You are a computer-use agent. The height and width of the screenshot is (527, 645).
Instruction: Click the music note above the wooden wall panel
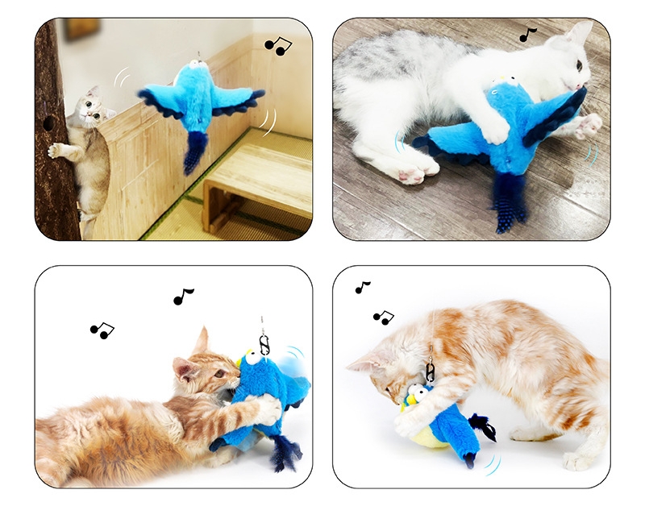(x=278, y=46)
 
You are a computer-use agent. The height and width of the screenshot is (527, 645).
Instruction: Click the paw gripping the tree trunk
(x=56, y=150)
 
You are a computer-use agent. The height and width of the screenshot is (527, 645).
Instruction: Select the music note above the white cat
(x=527, y=35)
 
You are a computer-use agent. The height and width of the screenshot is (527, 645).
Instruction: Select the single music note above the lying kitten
(x=184, y=297)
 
